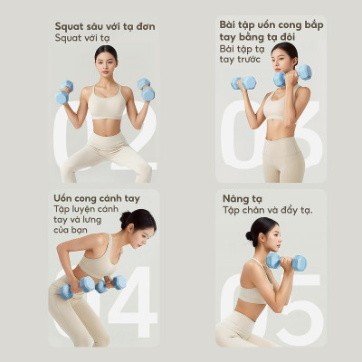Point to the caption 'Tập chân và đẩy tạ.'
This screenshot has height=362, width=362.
(267, 210)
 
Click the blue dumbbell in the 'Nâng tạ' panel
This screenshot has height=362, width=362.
(286, 262)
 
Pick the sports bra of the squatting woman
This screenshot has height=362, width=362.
(107, 103)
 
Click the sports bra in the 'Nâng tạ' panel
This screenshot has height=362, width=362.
(252, 292)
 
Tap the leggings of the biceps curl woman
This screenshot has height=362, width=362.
(282, 158)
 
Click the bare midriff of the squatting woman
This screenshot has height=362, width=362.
(107, 127)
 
